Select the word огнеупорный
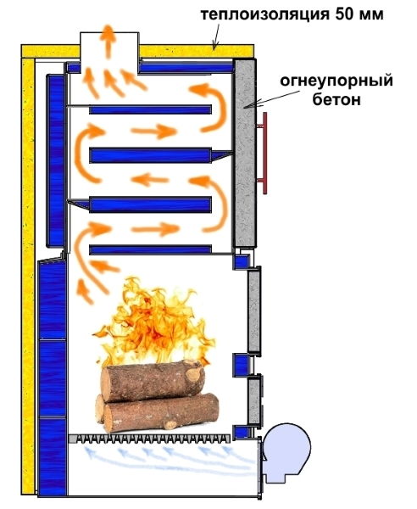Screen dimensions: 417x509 point(336,81)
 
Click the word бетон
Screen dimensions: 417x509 point(336,99)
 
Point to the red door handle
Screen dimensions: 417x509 point(264,154)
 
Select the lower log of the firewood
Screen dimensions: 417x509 point(158,413)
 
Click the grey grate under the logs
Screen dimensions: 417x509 point(150,439)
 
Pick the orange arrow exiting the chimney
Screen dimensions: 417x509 point(108,42)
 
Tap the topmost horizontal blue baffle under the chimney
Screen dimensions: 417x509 point(151,109)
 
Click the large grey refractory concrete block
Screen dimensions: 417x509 point(245,153)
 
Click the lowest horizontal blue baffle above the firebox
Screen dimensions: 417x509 point(151,249)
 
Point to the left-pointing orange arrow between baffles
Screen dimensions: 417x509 point(150,179)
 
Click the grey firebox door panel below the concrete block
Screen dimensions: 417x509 point(254,311)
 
